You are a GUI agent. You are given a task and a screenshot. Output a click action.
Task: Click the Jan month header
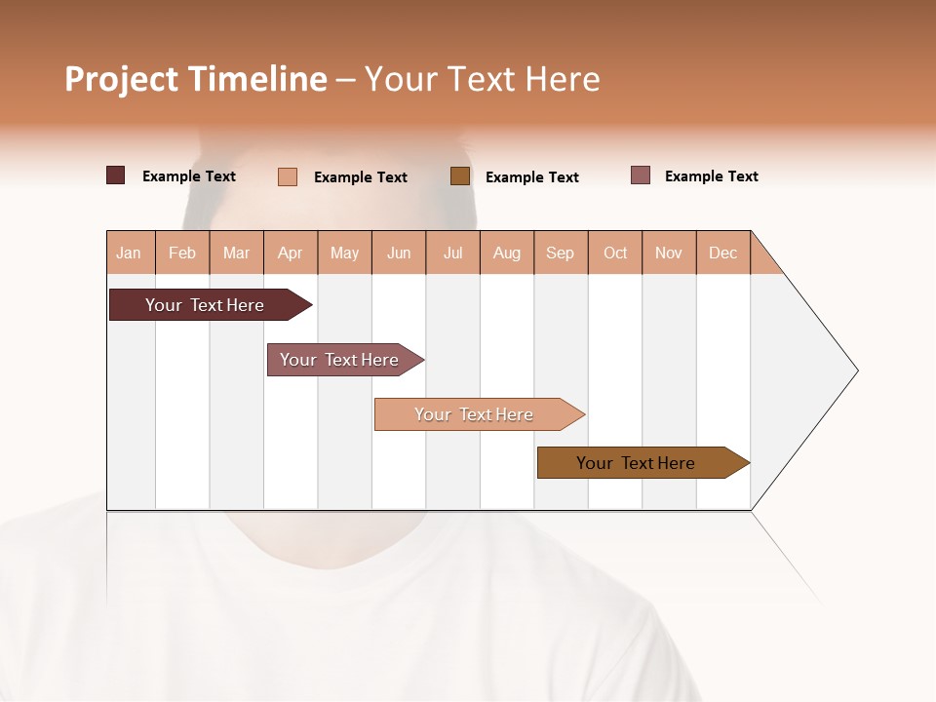pyautogui.click(x=130, y=253)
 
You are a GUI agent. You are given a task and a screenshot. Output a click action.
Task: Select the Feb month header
pyautogui.click(x=182, y=253)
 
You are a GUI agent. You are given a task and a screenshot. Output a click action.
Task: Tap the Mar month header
pyautogui.click(x=236, y=253)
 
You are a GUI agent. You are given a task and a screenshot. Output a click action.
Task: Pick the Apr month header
pyautogui.click(x=291, y=253)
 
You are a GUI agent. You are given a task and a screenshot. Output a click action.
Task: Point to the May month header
pyautogui.click(x=344, y=253)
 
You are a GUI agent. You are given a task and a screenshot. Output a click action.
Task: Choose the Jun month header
pyautogui.click(x=399, y=253)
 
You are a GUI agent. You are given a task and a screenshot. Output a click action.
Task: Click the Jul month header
pyautogui.click(x=452, y=253)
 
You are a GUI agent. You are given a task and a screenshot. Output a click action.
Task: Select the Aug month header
pyautogui.click(x=507, y=253)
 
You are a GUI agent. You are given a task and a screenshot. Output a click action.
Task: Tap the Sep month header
pyautogui.click(x=561, y=253)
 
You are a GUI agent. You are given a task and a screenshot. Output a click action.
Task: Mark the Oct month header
pyautogui.click(x=615, y=253)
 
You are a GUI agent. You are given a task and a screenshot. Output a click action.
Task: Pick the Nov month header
pyautogui.click(x=669, y=253)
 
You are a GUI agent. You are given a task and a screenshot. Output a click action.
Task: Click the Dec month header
pyautogui.click(x=723, y=253)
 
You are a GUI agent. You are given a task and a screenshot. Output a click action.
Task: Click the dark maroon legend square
pyautogui.click(x=115, y=175)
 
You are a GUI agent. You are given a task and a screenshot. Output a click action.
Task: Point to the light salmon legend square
pyautogui.click(x=288, y=176)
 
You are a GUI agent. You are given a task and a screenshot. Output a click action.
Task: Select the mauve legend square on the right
pyautogui.click(x=641, y=175)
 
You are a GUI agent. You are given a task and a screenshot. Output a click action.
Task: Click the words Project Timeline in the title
pyautogui.click(x=196, y=79)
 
